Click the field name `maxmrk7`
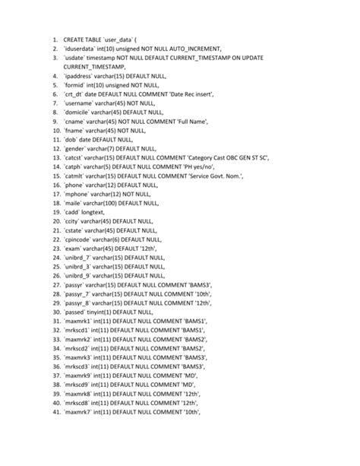click(x=85, y=411)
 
